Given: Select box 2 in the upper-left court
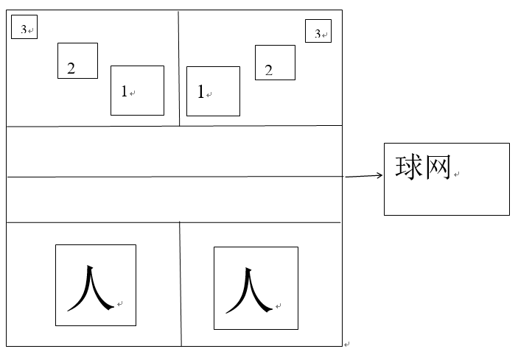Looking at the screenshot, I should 77,60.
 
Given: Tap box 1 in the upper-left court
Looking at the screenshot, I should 137,91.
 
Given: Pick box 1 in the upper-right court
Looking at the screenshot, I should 213,91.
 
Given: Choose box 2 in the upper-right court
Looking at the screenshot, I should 275,63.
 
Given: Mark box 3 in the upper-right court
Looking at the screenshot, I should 318,31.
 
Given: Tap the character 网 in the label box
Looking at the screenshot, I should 436,166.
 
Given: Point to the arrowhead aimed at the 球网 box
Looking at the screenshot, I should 379,174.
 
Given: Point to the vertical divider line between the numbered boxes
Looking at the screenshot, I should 178,68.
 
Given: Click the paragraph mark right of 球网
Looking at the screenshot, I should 457,174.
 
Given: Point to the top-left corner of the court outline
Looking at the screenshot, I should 7,10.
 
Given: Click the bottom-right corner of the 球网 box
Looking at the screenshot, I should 509,215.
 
